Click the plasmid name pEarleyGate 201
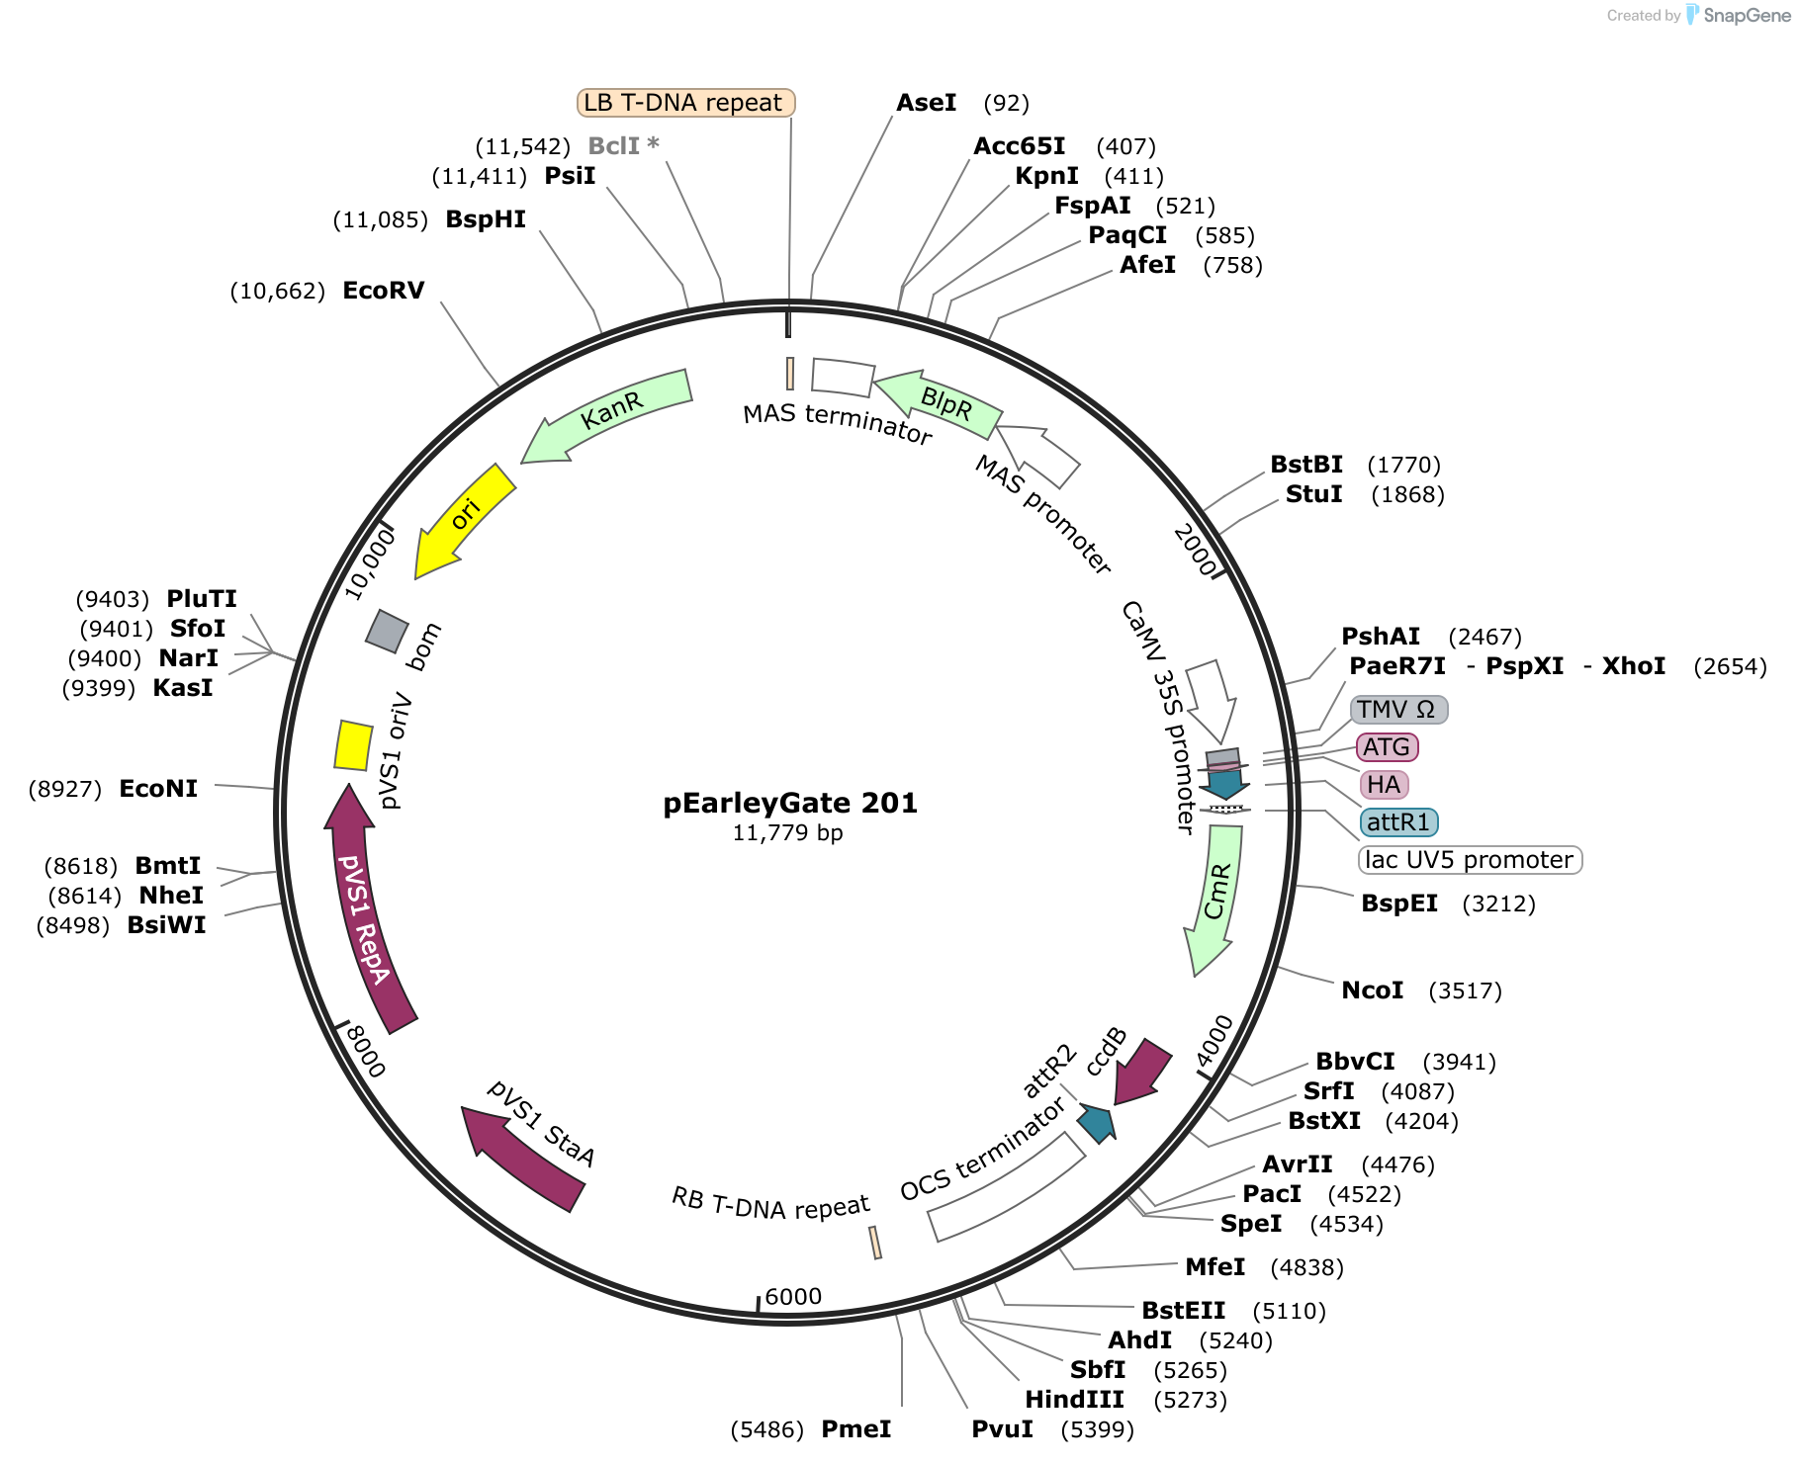[790, 803]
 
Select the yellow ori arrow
[462, 520]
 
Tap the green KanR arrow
[605, 415]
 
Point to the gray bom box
[387, 630]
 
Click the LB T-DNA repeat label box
[685, 103]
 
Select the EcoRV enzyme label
[384, 291]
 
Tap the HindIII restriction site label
[1074, 1400]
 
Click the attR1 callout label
[1398, 822]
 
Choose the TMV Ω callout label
[1398, 710]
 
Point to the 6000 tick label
[793, 1297]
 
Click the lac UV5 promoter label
[1470, 860]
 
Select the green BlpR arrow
[940, 403]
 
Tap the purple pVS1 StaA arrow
[521, 1158]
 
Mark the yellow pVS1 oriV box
[353, 745]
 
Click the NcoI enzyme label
[1373, 991]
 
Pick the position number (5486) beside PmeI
[767, 1429]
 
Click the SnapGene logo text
[1748, 16]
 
